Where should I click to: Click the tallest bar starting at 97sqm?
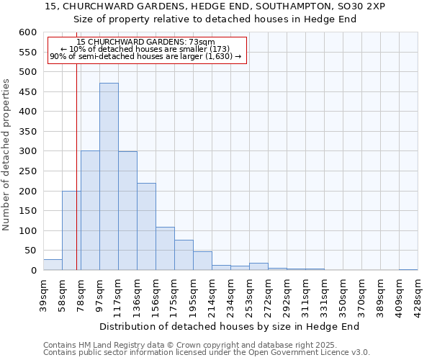[x=109, y=176]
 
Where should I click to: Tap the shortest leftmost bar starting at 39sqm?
[x=53, y=265]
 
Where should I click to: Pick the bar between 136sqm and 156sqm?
[x=146, y=227]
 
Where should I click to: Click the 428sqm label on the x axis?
[x=418, y=294]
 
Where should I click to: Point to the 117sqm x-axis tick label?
[x=119, y=294]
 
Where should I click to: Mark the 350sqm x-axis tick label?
[x=343, y=294]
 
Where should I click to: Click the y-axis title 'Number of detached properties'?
[x=7, y=155]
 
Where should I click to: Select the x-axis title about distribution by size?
[x=229, y=326]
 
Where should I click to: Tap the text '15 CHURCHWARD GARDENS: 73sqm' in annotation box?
[x=145, y=43]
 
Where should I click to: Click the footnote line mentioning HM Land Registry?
[x=185, y=345]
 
